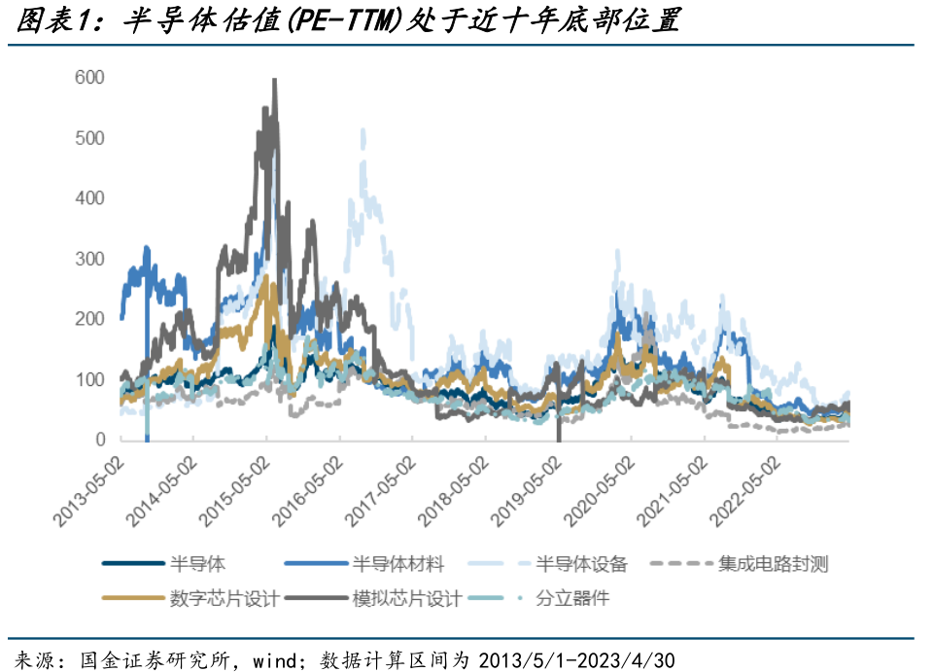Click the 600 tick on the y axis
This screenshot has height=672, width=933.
(88, 78)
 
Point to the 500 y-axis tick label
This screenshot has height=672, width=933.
(88, 138)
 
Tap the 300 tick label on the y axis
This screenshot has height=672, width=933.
(88, 259)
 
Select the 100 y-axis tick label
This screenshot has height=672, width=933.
(88, 380)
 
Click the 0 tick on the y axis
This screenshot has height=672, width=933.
(98, 441)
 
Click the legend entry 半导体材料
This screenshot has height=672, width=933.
(397, 563)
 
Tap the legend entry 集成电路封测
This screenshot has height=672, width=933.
(773, 563)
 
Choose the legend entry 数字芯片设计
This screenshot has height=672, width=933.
(224, 598)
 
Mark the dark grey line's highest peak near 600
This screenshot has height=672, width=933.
(274, 80)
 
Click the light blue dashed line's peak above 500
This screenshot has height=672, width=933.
(363, 129)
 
